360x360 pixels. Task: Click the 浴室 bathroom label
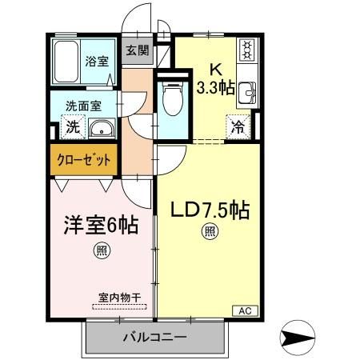97,59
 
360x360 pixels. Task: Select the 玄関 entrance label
137,50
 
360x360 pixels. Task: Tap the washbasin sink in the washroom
101,129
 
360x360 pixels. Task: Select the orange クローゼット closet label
83,158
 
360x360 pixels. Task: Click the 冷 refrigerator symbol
238,126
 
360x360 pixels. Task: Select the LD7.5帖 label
210,211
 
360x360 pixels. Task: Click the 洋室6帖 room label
101,226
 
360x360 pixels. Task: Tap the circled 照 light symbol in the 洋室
103,250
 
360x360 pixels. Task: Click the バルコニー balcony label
154,337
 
